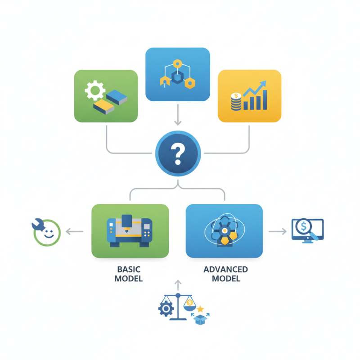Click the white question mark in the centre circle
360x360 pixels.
(x=178, y=153)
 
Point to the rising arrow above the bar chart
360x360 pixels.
(x=255, y=88)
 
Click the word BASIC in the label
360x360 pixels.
(x=129, y=269)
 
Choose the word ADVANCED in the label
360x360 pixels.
(x=225, y=269)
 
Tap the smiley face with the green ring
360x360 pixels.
(x=48, y=233)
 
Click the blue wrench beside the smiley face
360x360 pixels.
(x=36, y=224)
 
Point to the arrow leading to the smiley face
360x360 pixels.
(x=75, y=232)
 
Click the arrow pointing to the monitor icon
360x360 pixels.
(x=277, y=231)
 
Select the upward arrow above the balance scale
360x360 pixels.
(x=178, y=286)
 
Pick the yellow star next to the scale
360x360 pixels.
(x=201, y=309)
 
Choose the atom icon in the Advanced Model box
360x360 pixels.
(x=223, y=230)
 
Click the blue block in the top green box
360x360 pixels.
(x=117, y=96)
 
